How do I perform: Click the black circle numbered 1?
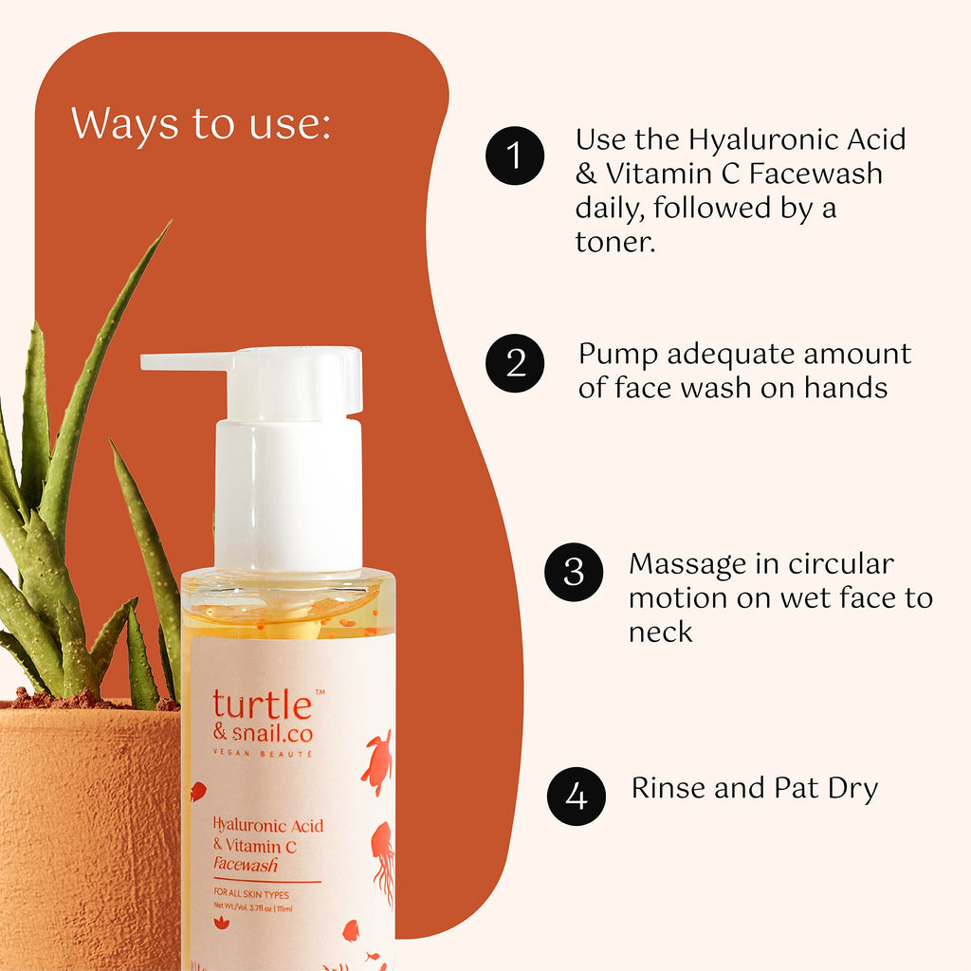click(515, 156)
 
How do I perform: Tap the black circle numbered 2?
click(515, 363)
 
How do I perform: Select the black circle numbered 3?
click(574, 572)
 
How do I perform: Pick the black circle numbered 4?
click(576, 796)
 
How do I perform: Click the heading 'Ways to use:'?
click(201, 124)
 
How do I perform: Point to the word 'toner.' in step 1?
click(614, 242)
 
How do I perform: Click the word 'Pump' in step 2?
click(617, 356)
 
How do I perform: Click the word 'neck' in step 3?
click(660, 632)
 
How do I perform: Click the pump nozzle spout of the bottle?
click(187, 361)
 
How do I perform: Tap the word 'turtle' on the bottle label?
click(262, 705)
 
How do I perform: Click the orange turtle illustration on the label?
click(376, 761)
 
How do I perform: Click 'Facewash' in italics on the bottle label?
click(246, 865)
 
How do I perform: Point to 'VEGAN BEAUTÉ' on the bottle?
click(263, 754)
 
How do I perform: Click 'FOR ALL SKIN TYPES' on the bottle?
click(251, 893)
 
